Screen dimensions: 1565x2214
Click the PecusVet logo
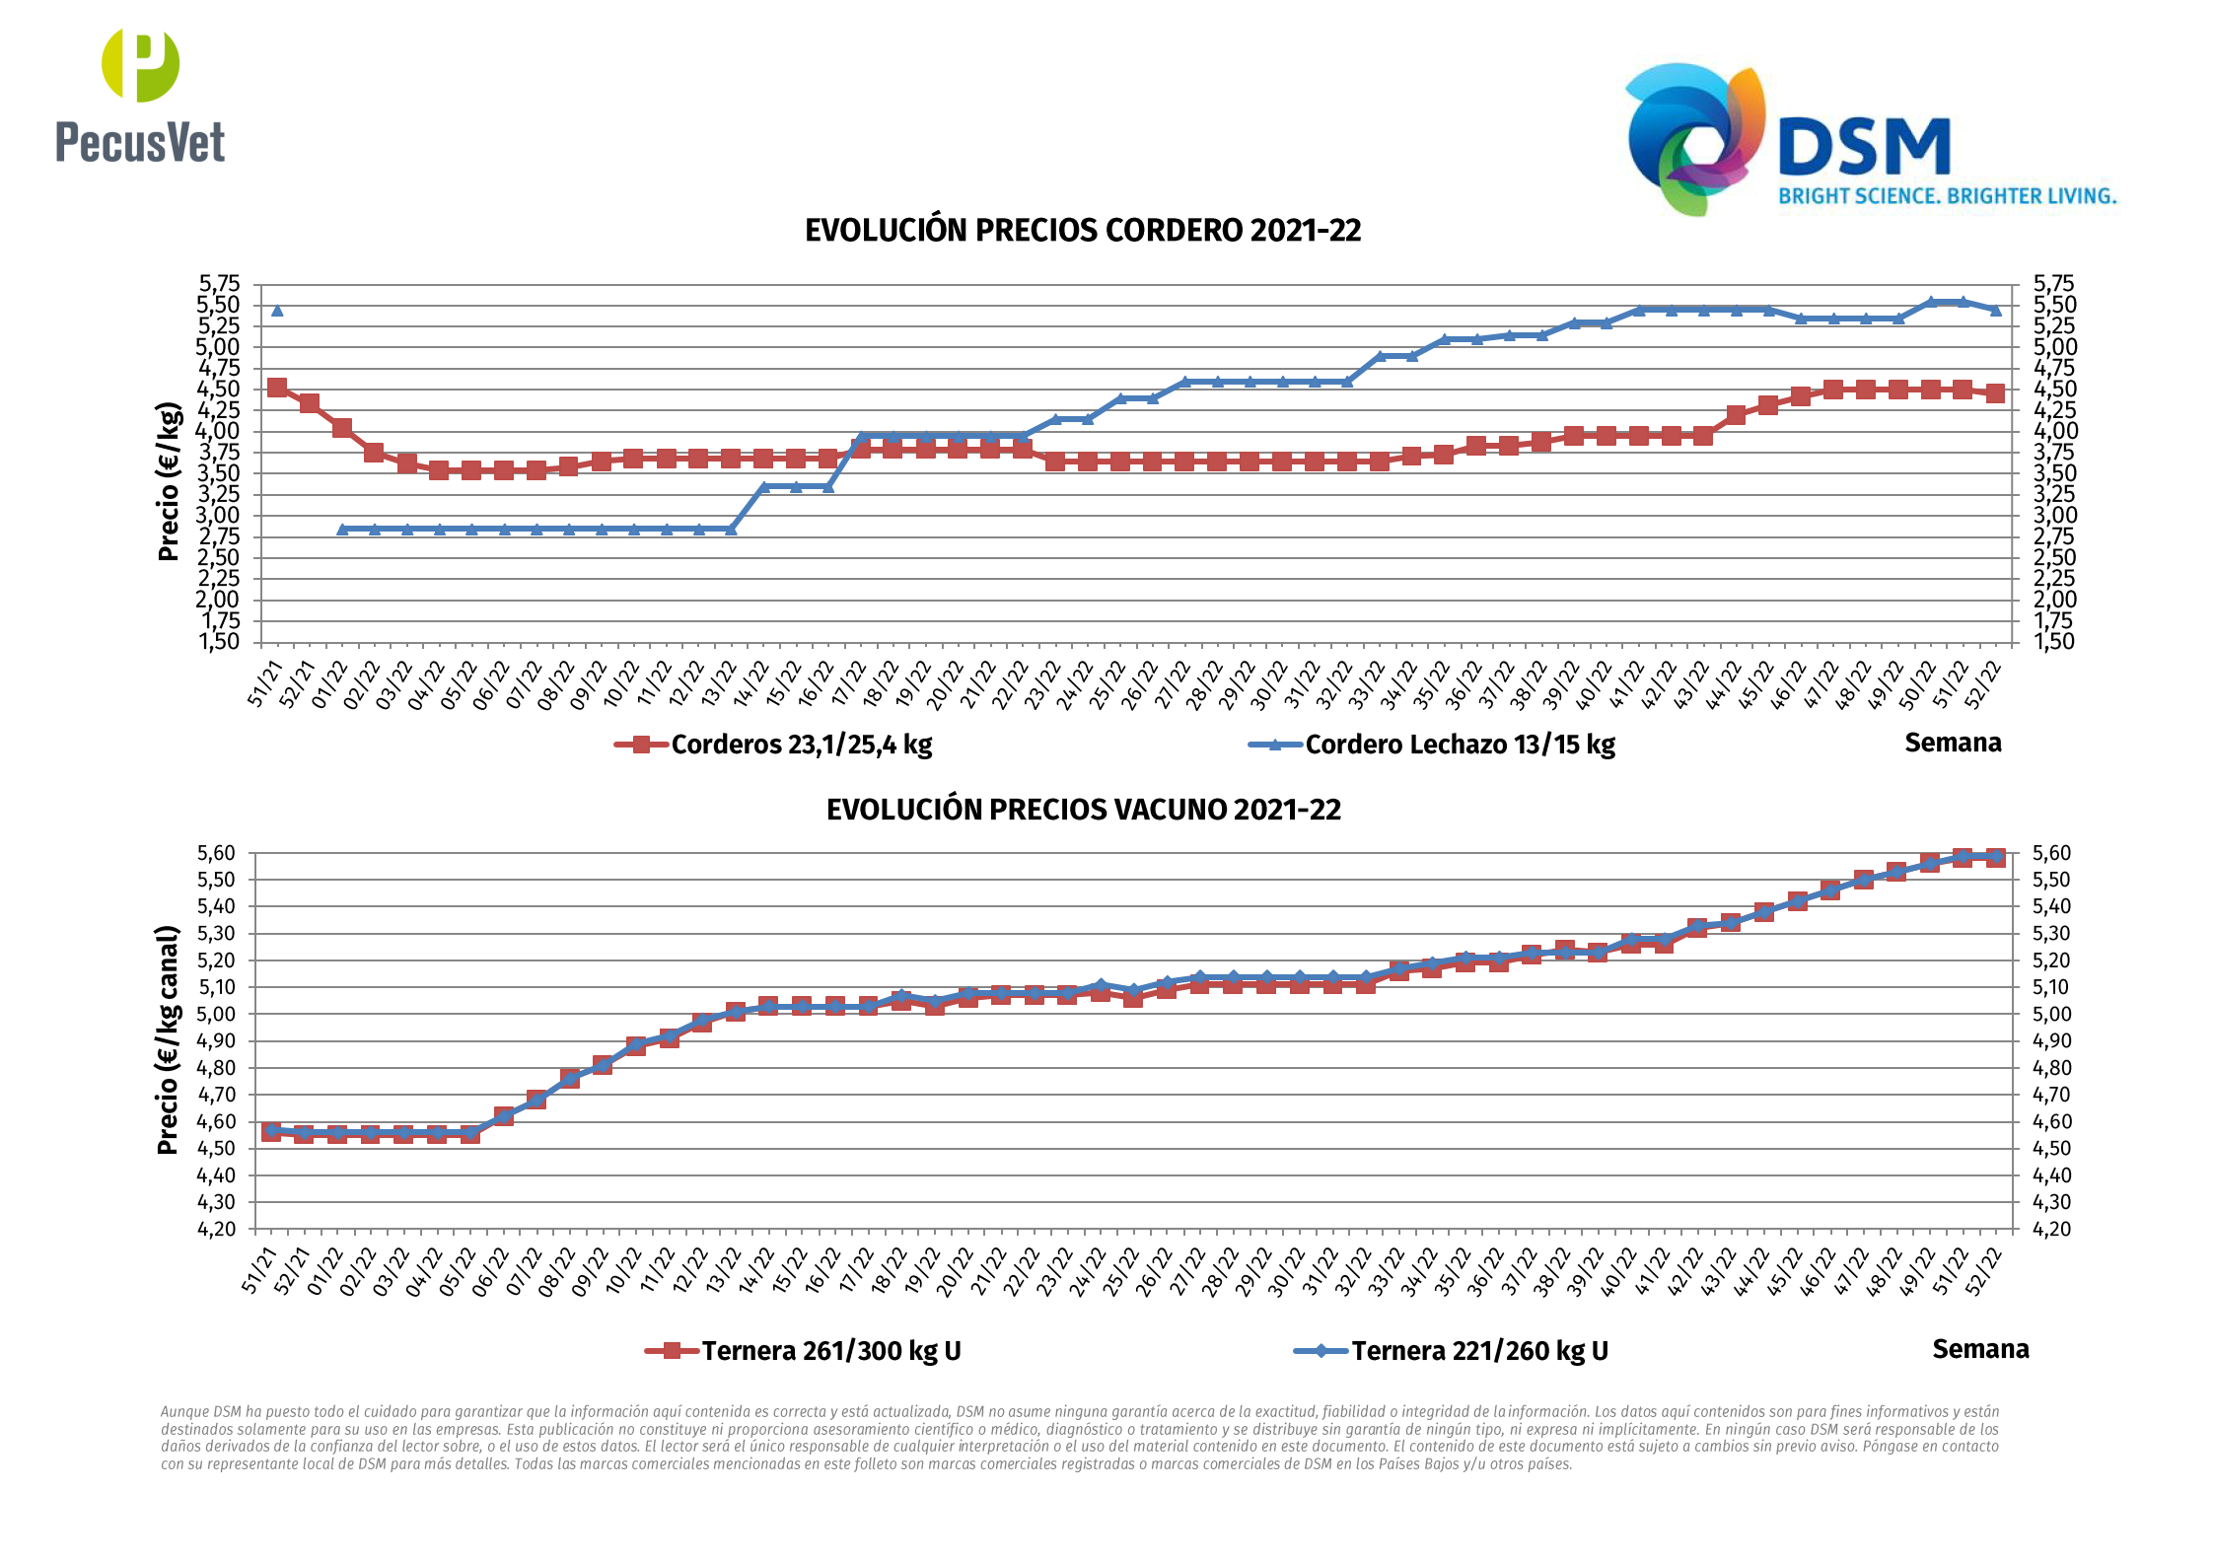[x=140, y=96]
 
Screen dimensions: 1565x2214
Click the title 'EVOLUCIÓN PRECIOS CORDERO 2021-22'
[x=1083, y=231]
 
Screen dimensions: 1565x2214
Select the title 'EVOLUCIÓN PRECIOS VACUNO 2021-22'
[x=1083, y=810]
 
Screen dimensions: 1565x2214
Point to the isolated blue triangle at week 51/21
[x=277, y=311]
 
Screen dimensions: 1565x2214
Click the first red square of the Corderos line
[x=277, y=388]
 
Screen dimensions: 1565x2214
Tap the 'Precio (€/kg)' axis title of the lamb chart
[x=169, y=481]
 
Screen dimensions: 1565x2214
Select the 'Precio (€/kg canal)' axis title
[x=169, y=1039]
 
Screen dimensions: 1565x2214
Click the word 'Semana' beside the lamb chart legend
[x=1953, y=743]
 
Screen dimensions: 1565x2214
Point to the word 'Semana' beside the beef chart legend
[x=1980, y=1349]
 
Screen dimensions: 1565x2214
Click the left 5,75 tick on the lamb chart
[x=219, y=284]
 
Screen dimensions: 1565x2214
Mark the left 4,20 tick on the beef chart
[x=217, y=1229]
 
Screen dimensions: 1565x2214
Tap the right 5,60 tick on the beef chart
[x=2051, y=853]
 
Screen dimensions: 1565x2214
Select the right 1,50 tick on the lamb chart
[x=2054, y=642]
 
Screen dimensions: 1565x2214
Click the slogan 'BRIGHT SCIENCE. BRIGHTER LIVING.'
[x=1948, y=196]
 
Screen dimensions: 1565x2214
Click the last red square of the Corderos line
[x=1995, y=393]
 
